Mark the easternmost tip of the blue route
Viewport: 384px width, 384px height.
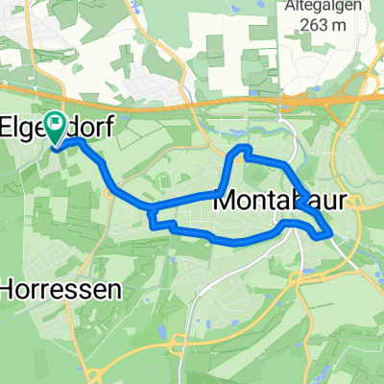tap(331, 231)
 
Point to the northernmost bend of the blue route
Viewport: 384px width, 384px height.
tap(244, 148)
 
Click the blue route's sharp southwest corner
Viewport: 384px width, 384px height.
tap(153, 226)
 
